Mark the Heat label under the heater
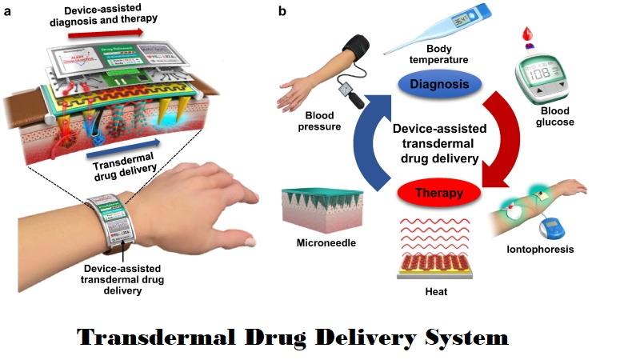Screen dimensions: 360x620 (x=436, y=292)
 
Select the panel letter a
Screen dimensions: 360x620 (x=7, y=11)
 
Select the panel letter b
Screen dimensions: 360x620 (x=282, y=11)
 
